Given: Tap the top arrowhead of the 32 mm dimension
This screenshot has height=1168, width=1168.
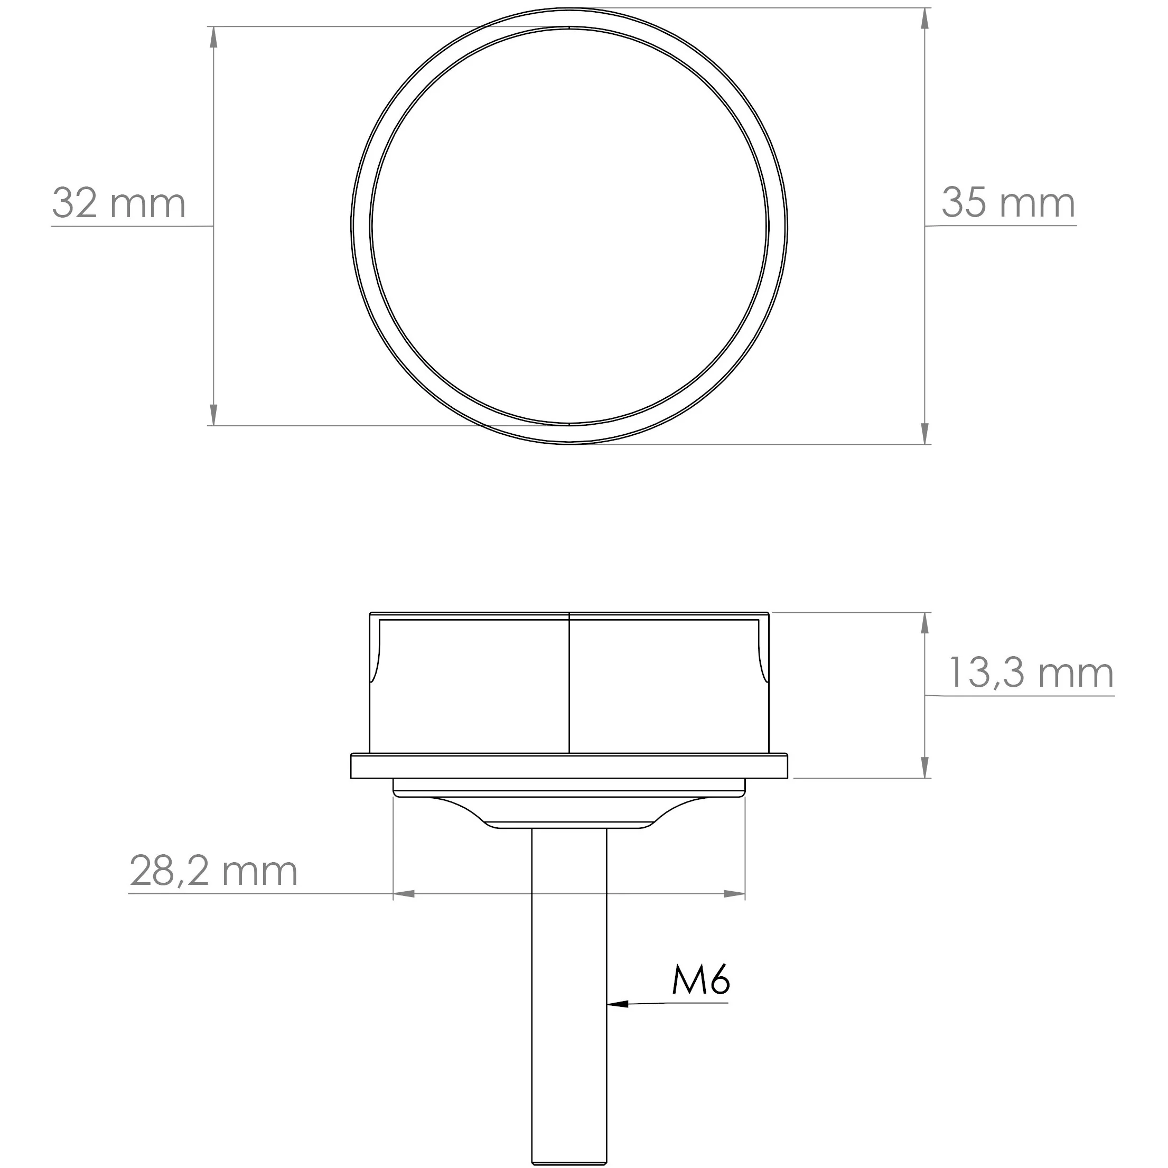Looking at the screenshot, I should point(213,38).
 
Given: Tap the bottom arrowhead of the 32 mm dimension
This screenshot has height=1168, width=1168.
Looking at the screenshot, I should point(213,415).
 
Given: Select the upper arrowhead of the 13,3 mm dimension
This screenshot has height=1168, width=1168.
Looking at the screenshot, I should point(924,623).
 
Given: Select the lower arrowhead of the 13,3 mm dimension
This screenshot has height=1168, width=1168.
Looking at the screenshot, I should point(924,767).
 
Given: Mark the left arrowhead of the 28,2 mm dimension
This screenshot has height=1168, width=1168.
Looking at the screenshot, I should point(404,893).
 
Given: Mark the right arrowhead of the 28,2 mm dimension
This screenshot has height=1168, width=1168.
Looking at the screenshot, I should point(734,893).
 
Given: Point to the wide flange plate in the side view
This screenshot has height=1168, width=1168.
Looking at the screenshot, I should point(569,766).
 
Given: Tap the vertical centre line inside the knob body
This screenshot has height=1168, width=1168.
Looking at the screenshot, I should point(569,683).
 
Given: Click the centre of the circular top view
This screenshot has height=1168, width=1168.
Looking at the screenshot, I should point(569,226).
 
